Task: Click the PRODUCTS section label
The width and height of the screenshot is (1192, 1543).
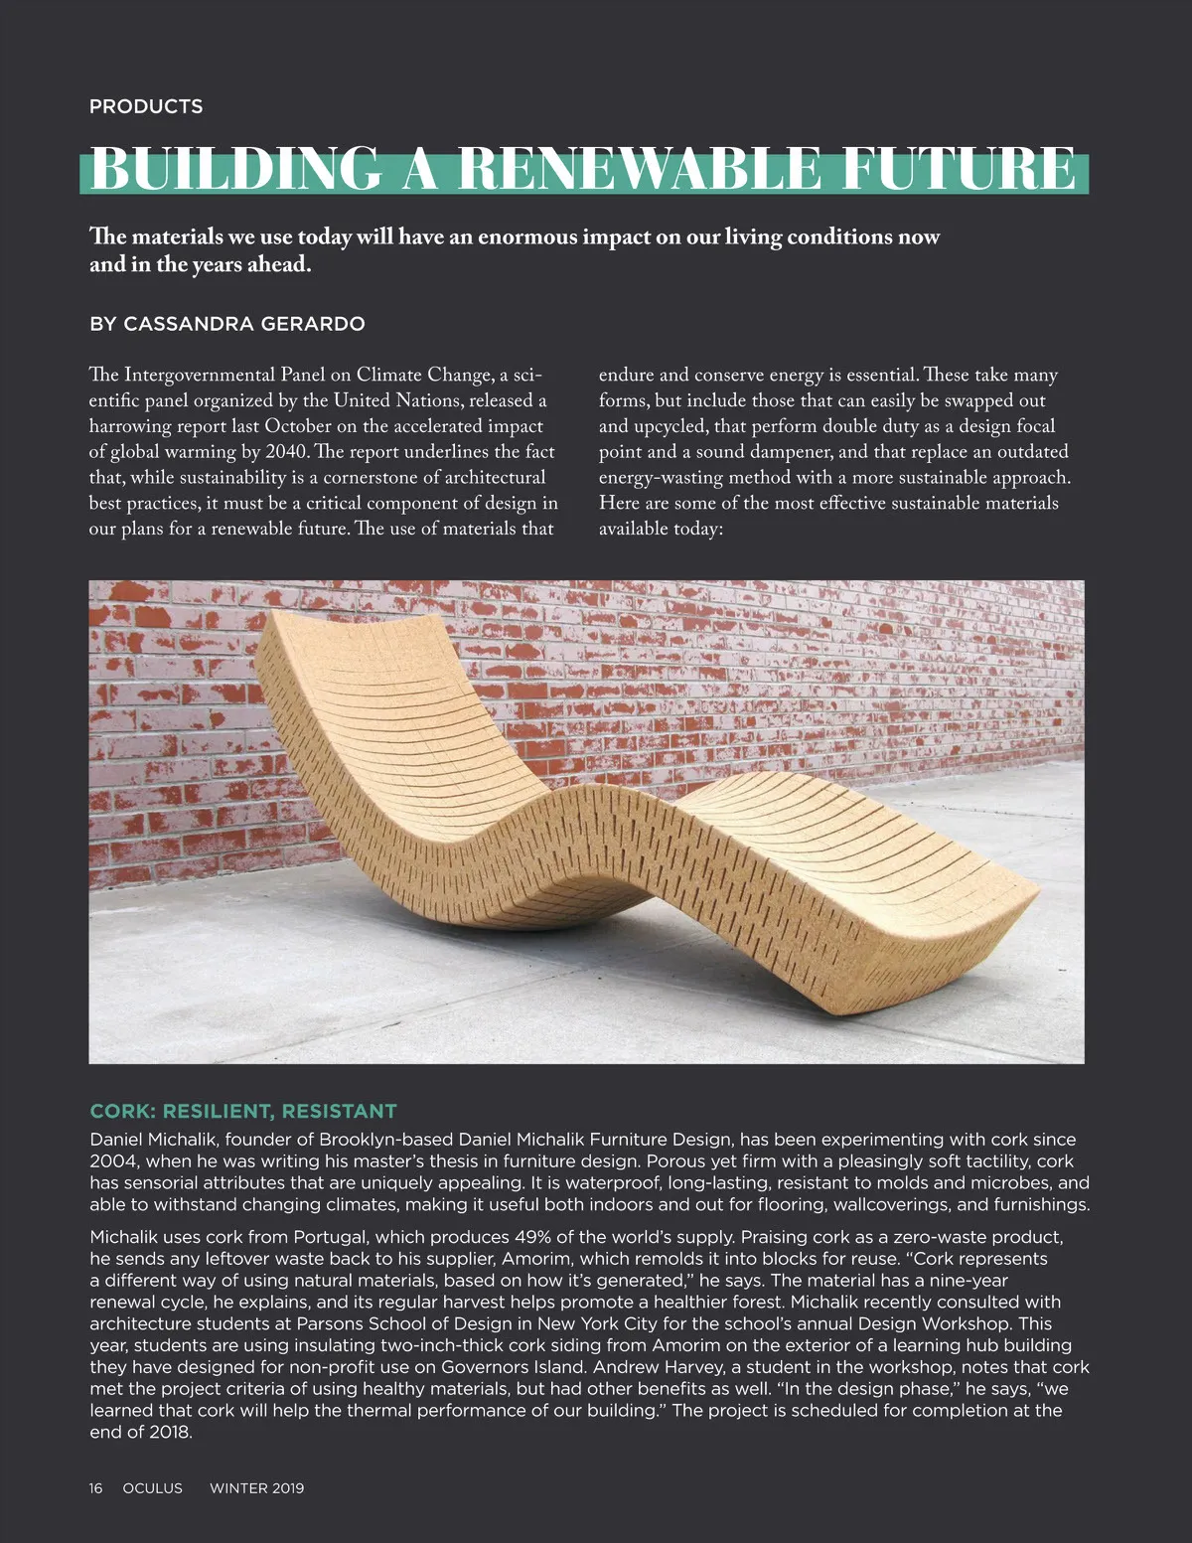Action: click(146, 106)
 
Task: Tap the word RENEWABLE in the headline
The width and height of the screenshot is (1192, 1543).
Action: click(640, 169)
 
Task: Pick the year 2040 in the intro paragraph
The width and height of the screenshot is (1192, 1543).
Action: click(287, 452)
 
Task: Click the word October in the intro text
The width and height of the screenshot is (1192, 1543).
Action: click(299, 426)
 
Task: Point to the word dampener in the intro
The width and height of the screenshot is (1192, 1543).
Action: click(790, 452)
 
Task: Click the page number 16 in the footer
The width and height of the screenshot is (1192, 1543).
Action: click(95, 1488)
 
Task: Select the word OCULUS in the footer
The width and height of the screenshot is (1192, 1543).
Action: click(152, 1488)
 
